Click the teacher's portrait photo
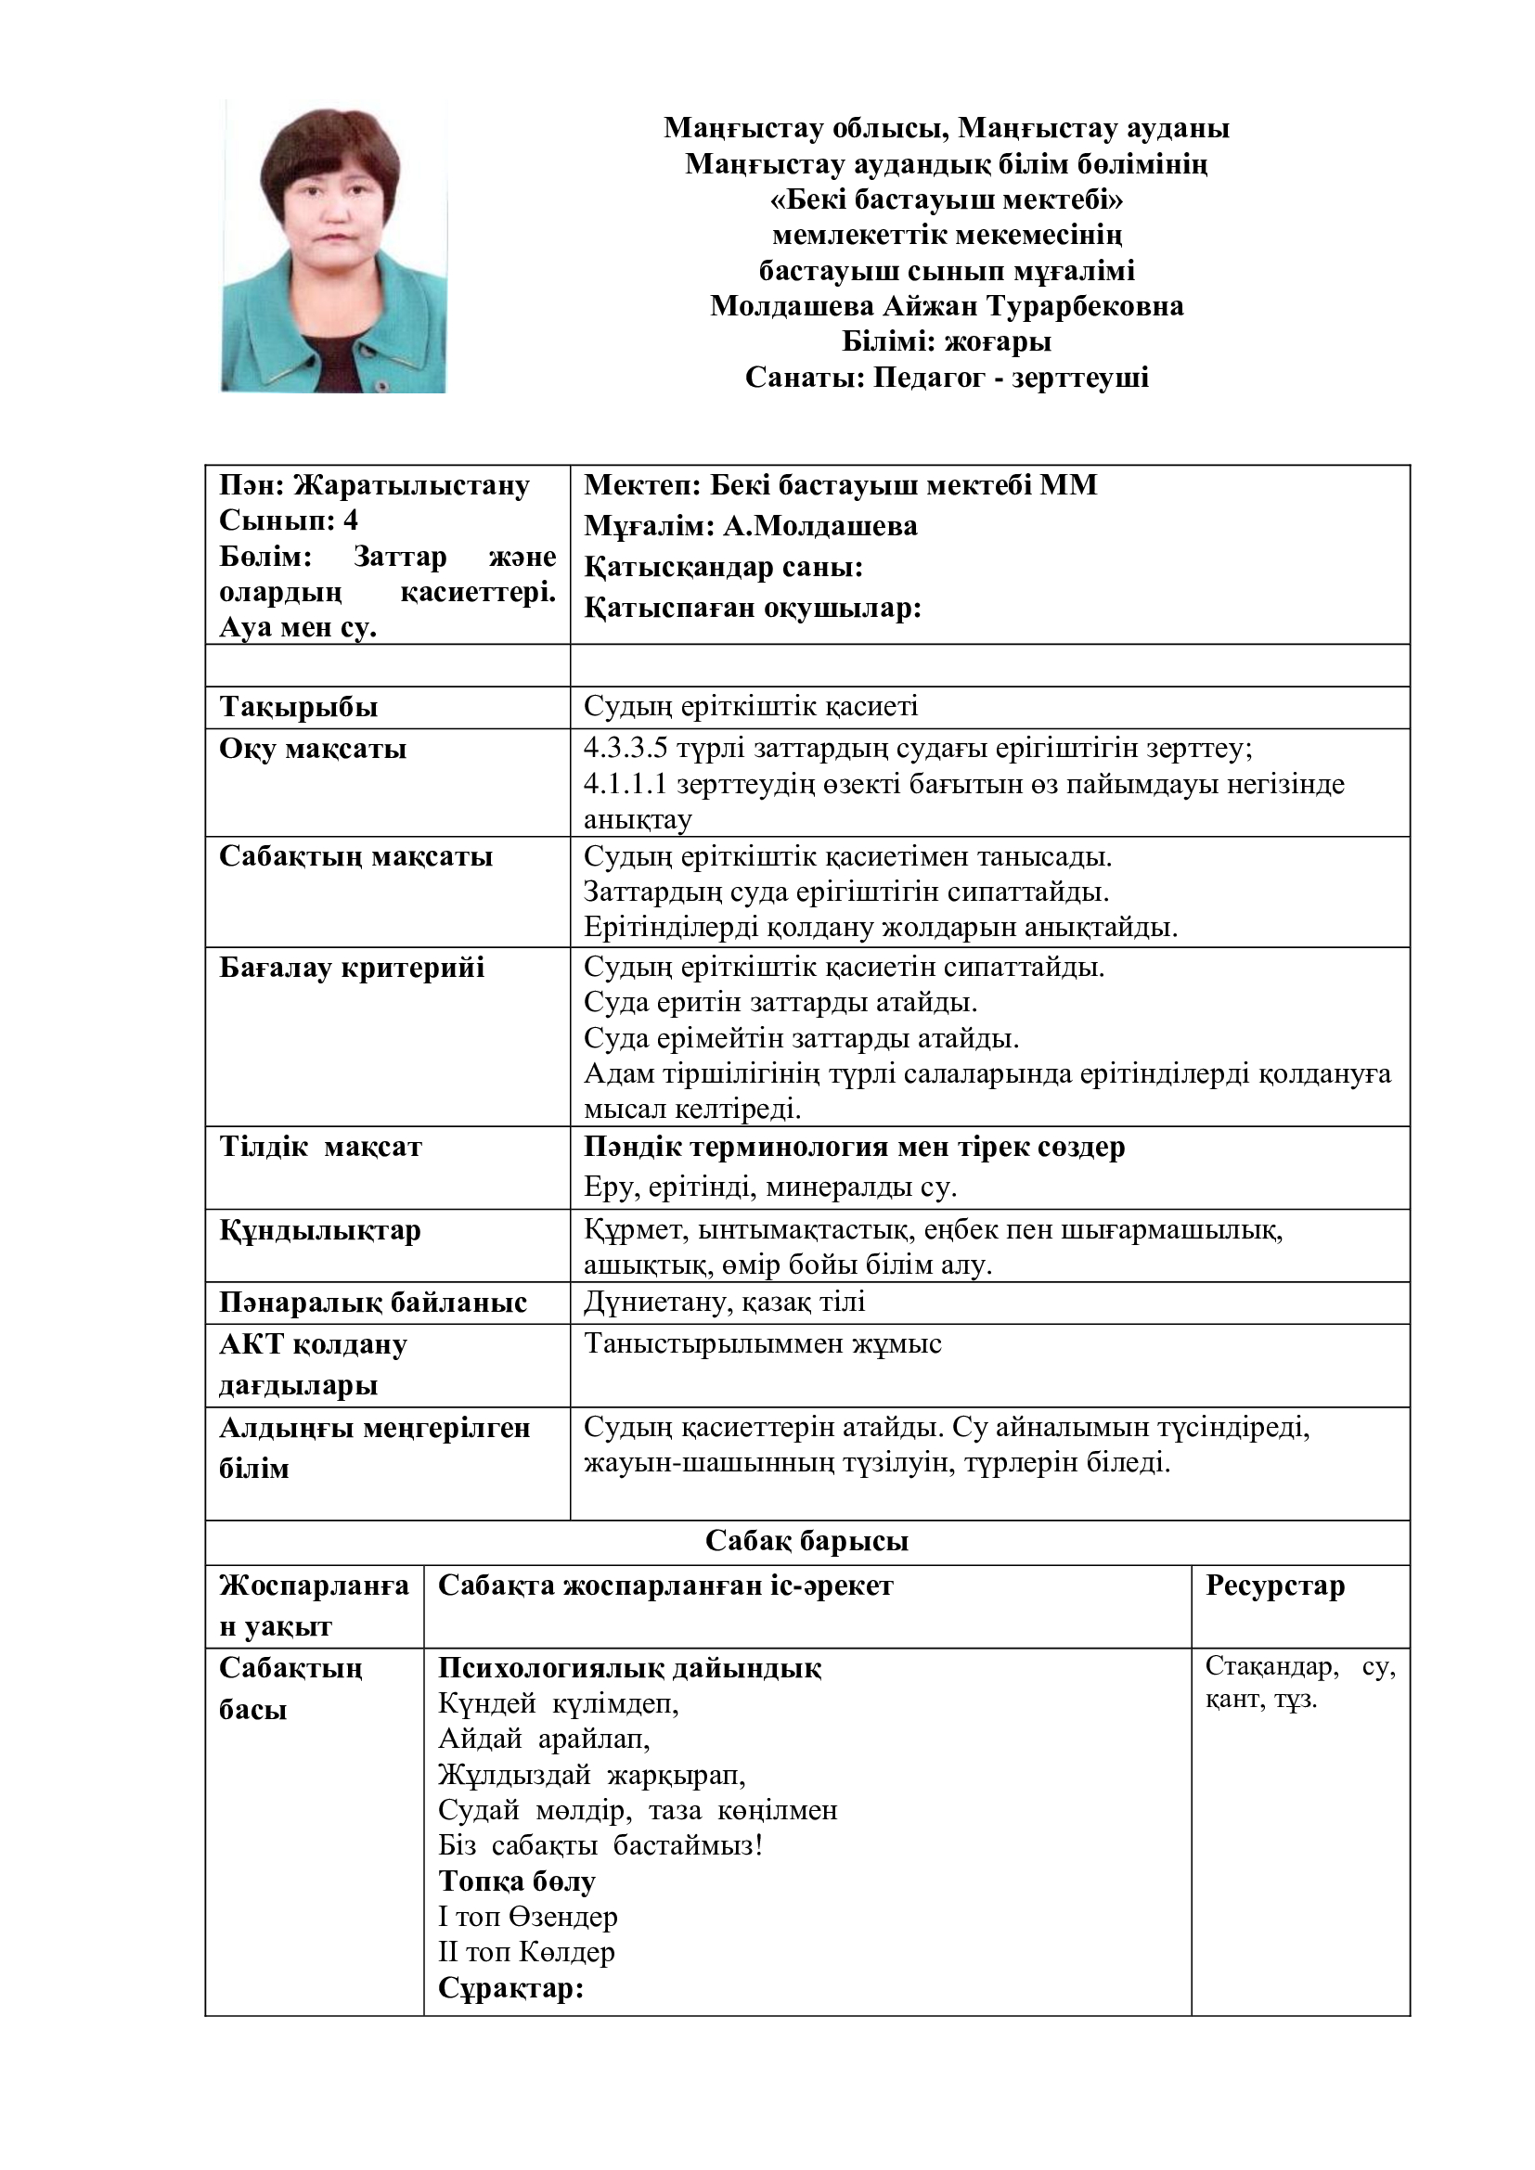click(x=334, y=246)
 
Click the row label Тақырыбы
click(x=299, y=707)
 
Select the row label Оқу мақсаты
click(x=313, y=749)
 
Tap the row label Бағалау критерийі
click(x=352, y=967)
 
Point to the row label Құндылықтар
click(x=319, y=1229)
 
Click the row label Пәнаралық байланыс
click(x=372, y=1303)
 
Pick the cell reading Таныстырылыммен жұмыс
click(x=762, y=1343)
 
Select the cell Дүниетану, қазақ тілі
click(x=724, y=1303)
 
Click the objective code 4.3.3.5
click(x=626, y=749)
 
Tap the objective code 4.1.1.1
click(x=626, y=784)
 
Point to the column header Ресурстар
click(x=1274, y=1585)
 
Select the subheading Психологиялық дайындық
click(x=629, y=1668)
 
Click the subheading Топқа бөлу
click(x=517, y=1881)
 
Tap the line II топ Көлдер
click(x=526, y=1951)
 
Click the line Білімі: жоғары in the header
click(x=946, y=340)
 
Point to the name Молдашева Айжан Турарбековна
click(x=946, y=305)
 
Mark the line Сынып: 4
click(x=289, y=520)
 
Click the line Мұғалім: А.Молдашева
click(x=751, y=525)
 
